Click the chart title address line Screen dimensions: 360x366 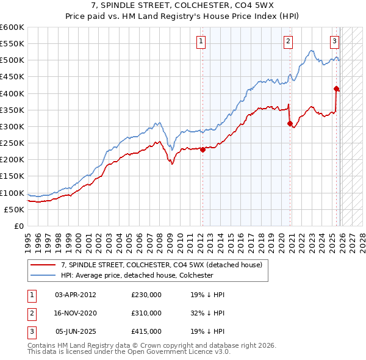pyautogui.click(x=182, y=5)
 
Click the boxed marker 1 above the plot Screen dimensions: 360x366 pyautogui.click(x=201, y=41)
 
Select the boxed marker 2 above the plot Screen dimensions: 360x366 pyautogui.click(x=287, y=41)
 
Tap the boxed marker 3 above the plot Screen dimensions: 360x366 pyautogui.click(x=335, y=41)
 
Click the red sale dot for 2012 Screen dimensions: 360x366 pyautogui.click(x=203, y=149)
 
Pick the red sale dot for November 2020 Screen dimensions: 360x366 pyautogui.click(x=290, y=123)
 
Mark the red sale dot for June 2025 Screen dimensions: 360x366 pyautogui.click(x=336, y=88)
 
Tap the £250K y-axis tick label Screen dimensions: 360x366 pyautogui.click(x=12, y=143)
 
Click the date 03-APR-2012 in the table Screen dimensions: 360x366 pyautogui.click(x=75, y=294)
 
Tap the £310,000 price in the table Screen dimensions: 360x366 pyautogui.click(x=146, y=312)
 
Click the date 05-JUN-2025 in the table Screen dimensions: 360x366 pyautogui.click(x=75, y=331)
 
